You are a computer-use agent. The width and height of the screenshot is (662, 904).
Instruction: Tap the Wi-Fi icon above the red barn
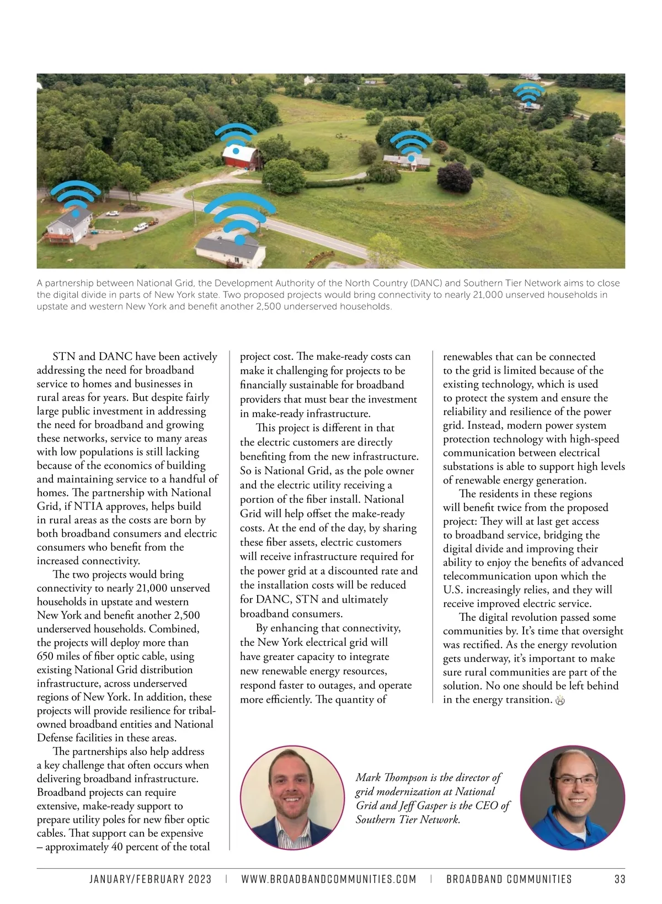pyautogui.click(x=236, y=138)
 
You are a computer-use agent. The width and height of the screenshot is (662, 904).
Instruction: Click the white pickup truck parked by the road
pyautogui.click(x=141, y=226)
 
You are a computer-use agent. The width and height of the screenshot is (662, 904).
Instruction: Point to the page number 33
pyautogui.click(x=620, y=879)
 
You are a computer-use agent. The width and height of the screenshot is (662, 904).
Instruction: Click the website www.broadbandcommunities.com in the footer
pyautogui.click(x=329, y=879)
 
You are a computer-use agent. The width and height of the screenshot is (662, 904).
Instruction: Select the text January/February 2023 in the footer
pyautogui.click(x=151, y=879)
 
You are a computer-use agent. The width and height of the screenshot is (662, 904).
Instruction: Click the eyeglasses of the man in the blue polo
pyautogui.click(x=574, y=780)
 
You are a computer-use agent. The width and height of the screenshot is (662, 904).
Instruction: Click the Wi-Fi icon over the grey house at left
pyautogui.click(x=76, y=198)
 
